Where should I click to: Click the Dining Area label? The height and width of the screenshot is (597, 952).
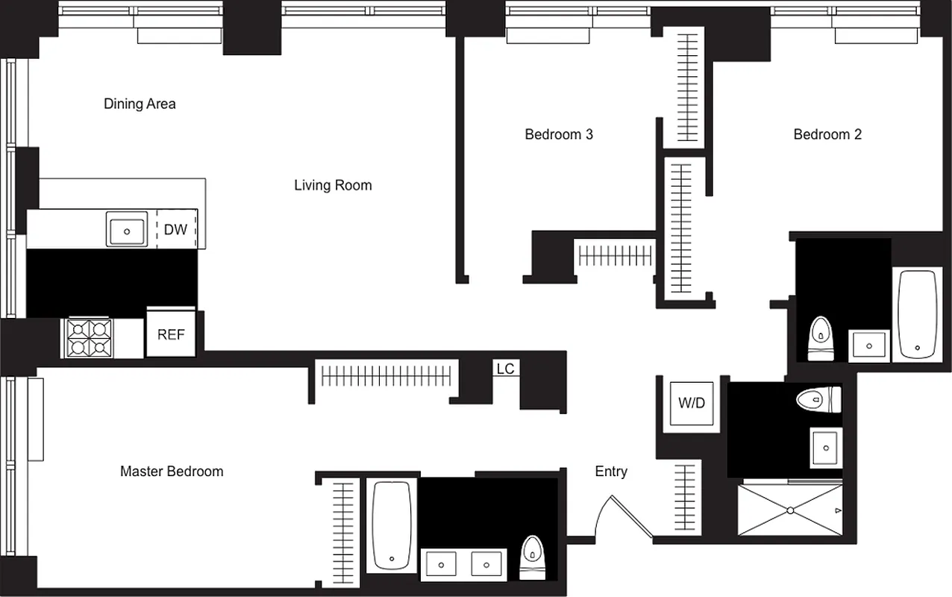tap(140, 104)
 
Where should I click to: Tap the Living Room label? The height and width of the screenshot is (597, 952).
tap(333, 185)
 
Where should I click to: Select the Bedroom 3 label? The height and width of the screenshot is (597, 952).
tap(559, 134)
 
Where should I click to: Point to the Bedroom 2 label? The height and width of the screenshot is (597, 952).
tap(827, 134)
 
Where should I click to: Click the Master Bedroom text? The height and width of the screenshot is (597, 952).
tap(172, 471)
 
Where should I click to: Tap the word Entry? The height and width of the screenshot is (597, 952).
tap(611, 471)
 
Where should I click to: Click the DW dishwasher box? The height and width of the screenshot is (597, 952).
tap(176, 229)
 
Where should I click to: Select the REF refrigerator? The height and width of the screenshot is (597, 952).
tap(171, 334)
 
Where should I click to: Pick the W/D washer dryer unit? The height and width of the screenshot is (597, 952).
tap(692, 404)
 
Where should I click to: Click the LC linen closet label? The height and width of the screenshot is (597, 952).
tap(505, 369)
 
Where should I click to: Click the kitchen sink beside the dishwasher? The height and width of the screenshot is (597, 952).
tap(127, 229)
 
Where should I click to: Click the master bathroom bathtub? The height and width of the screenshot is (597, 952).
tap(392, 525)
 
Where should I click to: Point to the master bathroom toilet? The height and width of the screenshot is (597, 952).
tap(532, 556)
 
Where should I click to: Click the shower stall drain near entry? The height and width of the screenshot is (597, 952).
tap(790, 510)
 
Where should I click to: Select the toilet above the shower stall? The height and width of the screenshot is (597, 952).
tap(818, 399)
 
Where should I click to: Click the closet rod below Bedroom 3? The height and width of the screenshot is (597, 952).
tap(616, 256)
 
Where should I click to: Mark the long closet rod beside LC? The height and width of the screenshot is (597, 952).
tap(386, 375)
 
